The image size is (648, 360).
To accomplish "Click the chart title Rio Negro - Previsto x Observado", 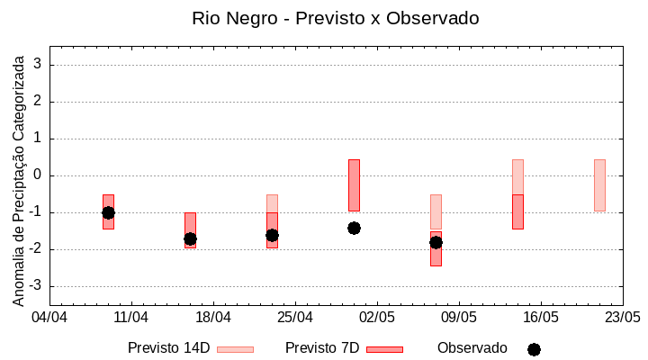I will [x=335, y=18].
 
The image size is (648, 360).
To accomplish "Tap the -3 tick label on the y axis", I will [x=36, y=286].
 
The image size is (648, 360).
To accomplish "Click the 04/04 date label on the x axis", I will [x=49, y=318].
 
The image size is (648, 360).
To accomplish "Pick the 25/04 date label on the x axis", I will [x=295, y=318].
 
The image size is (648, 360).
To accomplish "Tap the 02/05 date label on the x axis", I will [x=377, y=318].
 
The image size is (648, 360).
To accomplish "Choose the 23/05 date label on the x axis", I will [x=622, y=318].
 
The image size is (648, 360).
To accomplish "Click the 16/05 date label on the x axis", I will [x=541, y=318].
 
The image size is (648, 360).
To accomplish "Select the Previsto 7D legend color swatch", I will [x=384, y=349].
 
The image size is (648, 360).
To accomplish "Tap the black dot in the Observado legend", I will [x=534, y=349].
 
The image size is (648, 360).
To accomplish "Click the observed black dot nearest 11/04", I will [x=108, y=212].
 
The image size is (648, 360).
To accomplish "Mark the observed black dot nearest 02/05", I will [x=354, y=228].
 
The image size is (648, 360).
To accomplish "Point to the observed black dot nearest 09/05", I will [x=436, y=242].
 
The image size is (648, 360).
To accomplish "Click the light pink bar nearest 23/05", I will [x=599, y=185].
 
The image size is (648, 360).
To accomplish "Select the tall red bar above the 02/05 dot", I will [x=354, y=184].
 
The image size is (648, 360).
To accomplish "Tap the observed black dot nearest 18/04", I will [x=190, y=238].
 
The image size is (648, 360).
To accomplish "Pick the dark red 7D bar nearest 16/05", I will [x=517, y=211].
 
